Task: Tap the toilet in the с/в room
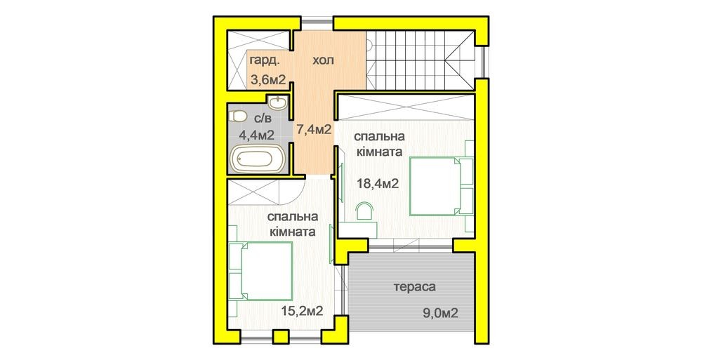click(x=237, y=116)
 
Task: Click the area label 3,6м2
click(x=267, y=80)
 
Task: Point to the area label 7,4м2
click(x=313, y=130)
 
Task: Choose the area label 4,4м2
click(x=256, y=135)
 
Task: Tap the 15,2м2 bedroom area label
click(x=302, y=311)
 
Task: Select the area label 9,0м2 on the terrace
click(x=441, y=313)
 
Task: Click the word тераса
click(x=415, y=287)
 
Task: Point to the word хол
click(x=323, y=60)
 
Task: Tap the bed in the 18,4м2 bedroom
click(x=437, y=186)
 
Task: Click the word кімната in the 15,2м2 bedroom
click(x=293, y=232)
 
